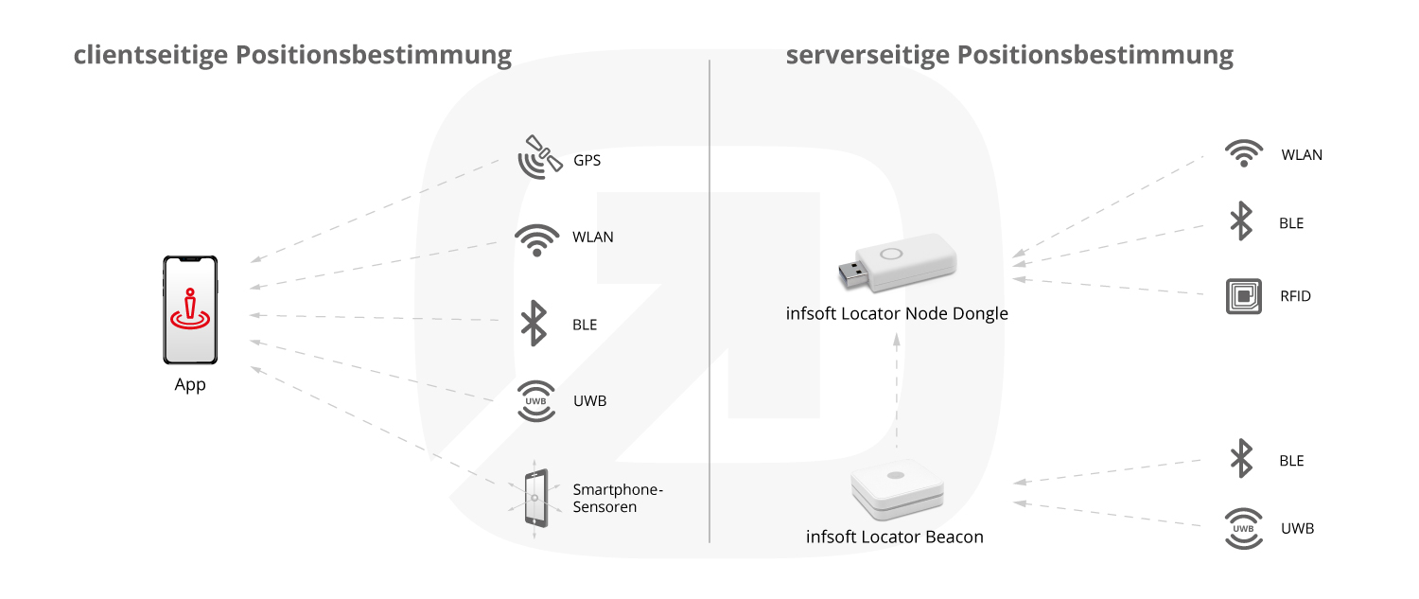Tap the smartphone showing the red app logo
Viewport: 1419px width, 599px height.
(x=190, y=309)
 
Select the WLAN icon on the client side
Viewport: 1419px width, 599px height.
(x=536, y=239)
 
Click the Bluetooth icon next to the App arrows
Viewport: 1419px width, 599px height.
(x=535, y=324)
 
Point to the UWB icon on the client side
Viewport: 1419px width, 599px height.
(x=535, y=401)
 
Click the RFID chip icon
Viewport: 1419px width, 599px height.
(x=1244, y=296)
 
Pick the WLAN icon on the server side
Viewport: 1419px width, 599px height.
(x=1244, y=154)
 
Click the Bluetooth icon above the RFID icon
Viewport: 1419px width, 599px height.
(x=1241, y=223)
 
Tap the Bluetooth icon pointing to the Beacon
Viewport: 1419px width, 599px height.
(x=1241, y=460)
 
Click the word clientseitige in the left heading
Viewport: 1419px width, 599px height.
(x=151, y=55)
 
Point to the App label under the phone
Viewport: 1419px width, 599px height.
(x=190, y=385)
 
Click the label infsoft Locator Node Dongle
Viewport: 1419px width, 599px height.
(x=897, y=313)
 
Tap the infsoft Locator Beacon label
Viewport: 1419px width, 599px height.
(x=894, y=537)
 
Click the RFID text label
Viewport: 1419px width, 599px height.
(x=1296, y=296)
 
